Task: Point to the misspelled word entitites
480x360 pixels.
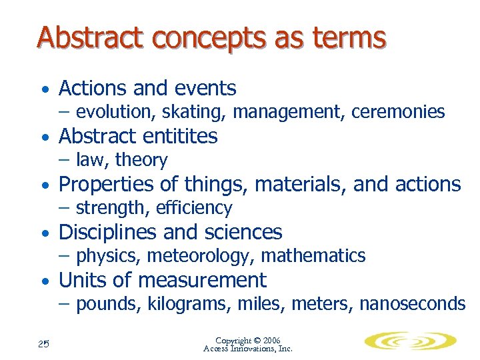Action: (x=177, y=137)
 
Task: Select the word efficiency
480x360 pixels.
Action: (x=194, y=209)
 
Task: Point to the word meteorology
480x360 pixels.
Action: (x=202, y=256)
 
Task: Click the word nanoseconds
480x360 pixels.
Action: (x=412, y=305)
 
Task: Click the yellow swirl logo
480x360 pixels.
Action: (x=409, y=342)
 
